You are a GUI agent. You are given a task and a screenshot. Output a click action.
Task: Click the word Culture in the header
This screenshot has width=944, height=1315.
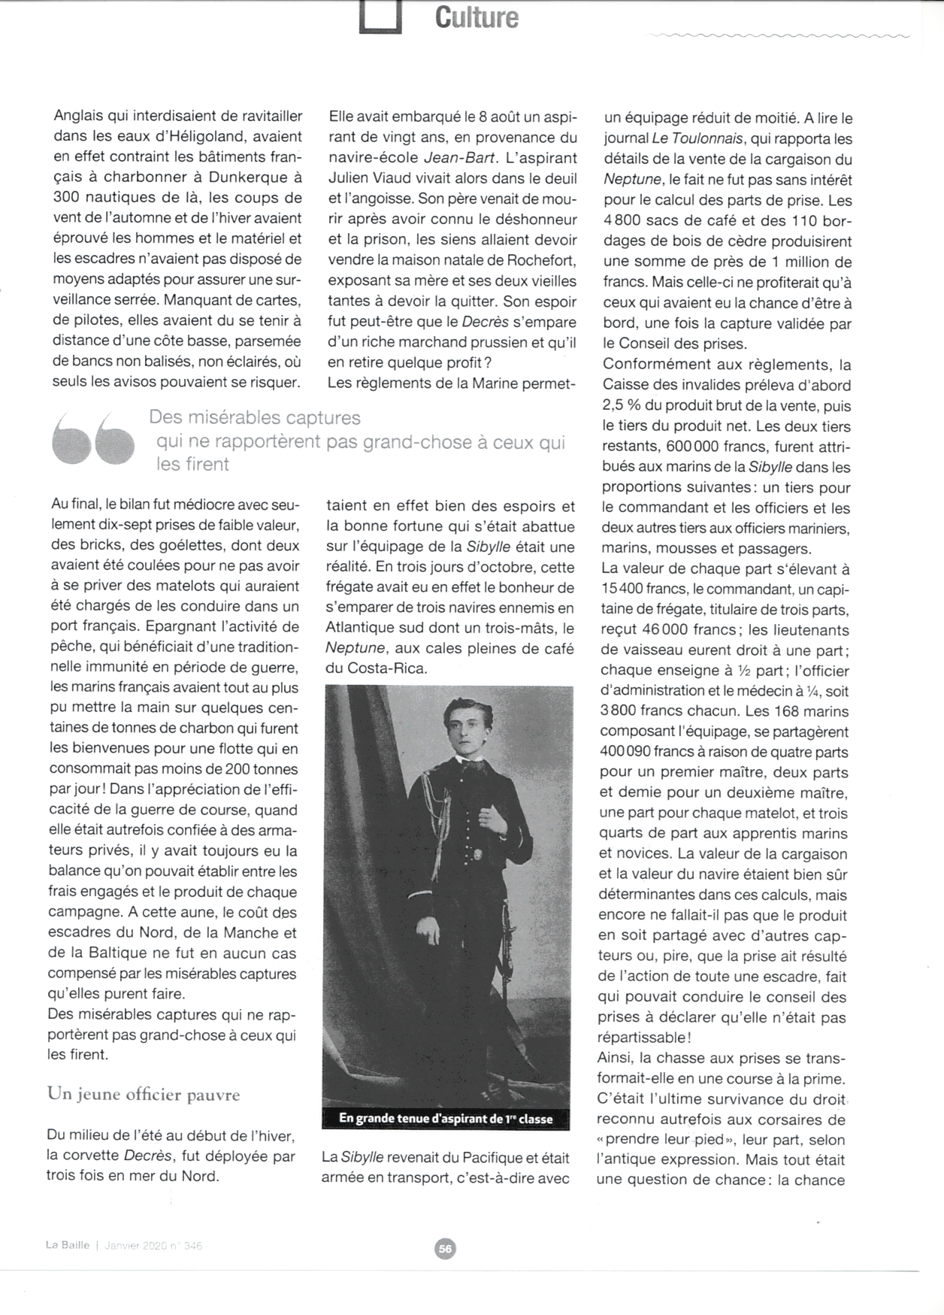pos(477,17)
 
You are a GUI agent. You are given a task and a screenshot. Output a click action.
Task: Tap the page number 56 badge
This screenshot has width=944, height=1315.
pos(445,1249)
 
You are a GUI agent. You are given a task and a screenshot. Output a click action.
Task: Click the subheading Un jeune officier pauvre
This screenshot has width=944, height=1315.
pos(144,1094)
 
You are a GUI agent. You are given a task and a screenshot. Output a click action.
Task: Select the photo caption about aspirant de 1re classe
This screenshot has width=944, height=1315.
pos(446,1119)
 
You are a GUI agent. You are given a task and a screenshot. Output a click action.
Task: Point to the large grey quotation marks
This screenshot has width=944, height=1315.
pos(93,439)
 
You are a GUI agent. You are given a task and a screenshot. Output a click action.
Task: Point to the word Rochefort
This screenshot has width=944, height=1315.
pos(538,260)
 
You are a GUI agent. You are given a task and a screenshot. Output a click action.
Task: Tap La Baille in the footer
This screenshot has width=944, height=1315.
pos(68,1245)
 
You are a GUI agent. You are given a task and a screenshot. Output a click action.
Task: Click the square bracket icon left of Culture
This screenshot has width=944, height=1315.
pos(380,17)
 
